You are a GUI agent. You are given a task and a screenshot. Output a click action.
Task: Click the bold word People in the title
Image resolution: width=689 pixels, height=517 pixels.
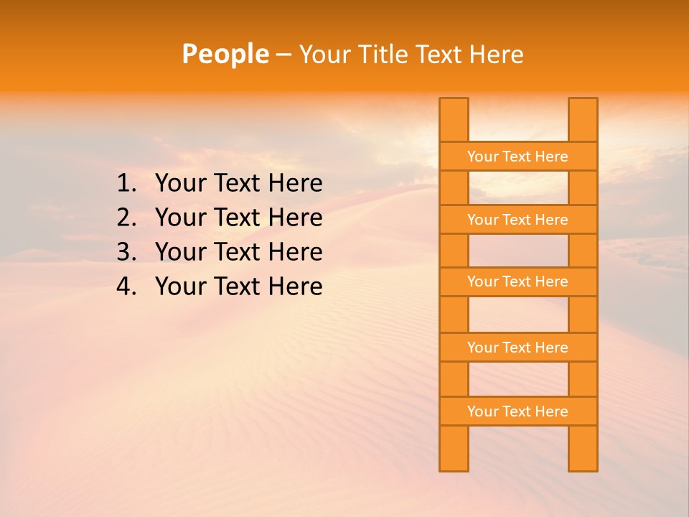point(225,54)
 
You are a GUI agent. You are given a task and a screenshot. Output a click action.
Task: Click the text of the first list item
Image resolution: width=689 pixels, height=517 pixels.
point(238,184)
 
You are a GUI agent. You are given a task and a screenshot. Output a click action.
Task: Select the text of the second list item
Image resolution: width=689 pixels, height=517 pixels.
point(238,218)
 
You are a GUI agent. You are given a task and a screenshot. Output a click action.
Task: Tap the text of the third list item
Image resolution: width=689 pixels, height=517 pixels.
point(238,252)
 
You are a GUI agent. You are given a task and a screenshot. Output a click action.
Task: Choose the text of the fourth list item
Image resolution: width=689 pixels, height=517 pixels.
point(238,287)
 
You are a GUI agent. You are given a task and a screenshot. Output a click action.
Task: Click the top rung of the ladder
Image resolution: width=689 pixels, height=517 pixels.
point(517,157)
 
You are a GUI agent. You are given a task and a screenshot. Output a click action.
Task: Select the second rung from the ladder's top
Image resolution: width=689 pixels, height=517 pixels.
point(517,220)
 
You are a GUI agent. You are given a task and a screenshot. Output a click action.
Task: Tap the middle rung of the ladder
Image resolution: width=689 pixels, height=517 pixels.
point(517,281)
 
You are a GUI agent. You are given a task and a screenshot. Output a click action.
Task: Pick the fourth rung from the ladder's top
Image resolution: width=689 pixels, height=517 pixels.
point(517,348)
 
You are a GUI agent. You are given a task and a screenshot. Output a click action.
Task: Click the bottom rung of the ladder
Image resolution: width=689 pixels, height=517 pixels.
point(517,411)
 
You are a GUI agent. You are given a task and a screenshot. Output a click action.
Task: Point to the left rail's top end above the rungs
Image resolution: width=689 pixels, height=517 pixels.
point(454,119)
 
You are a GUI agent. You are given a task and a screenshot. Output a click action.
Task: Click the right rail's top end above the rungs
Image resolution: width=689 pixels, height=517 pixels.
point(583,119)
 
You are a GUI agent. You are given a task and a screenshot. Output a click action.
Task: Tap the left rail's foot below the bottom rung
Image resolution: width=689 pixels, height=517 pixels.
point(454,448)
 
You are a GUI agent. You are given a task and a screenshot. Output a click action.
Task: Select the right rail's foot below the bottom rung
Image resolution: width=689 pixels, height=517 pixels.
point(583,448)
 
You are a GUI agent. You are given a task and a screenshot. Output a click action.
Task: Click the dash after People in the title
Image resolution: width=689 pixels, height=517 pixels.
point(283,55)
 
